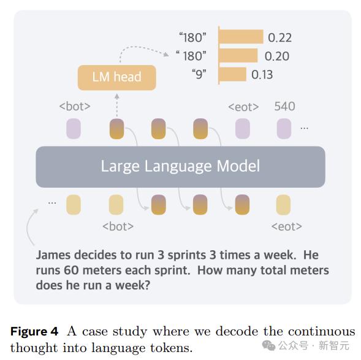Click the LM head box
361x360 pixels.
tap(116, 77)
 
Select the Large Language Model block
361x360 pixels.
tap(180, 167)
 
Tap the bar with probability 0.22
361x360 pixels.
tap(241, 36)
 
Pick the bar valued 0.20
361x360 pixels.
tap(238, 55)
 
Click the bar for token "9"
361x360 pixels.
tap(232, 74)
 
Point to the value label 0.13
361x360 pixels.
tap(262, 75)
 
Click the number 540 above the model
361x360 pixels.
tap(284, 106)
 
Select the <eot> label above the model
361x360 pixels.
tap(243, 107)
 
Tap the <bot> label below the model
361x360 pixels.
tap(118, 226)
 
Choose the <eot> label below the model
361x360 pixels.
tap(287, 226)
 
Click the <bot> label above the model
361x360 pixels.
tap(75, 107)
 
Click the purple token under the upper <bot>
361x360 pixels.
tap(74, 129)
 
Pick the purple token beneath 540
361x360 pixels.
tap(284, 129)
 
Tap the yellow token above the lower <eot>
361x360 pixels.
tap(283, 204)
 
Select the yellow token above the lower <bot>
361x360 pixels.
tap(116, 204)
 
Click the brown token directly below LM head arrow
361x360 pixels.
tap(116, 129)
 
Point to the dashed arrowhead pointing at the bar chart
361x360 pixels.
tap(166, 55)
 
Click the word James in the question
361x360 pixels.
tap(53, 255)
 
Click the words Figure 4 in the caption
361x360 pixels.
tap(34, 332)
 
